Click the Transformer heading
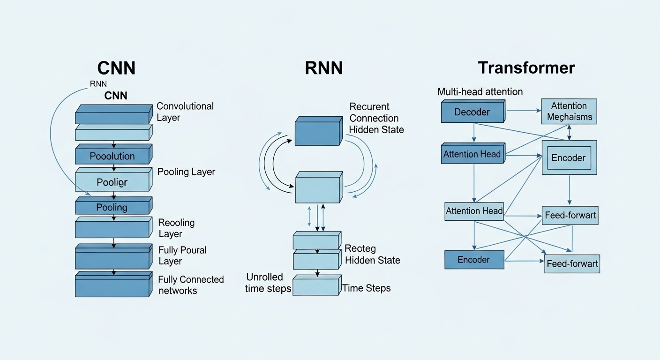click(x=526, y=68)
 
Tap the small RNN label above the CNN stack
click(x=98, y=84)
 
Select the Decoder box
click(x=472, y=112)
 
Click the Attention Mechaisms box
click(x=569, y=112)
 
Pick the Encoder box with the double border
click(x=569, y=157)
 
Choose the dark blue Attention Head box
click(x=472, y=154)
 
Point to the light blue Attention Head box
click(x=474, y=211)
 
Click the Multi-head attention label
click(x=480, y=92)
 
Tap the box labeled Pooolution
click(x=112, y=156)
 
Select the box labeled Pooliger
click(x=112, y=182)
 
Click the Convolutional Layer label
click(x=185, y=112)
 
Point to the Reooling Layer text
click(x=176, y=228)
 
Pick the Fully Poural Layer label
click(x=182, y=255)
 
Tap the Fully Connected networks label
click(x=191, y=285)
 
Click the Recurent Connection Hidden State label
click(x=376, y=118)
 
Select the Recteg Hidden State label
click(x=372, y=254)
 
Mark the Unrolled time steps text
click(x=268, y=283)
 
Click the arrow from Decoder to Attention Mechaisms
click(x=523, y=111)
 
